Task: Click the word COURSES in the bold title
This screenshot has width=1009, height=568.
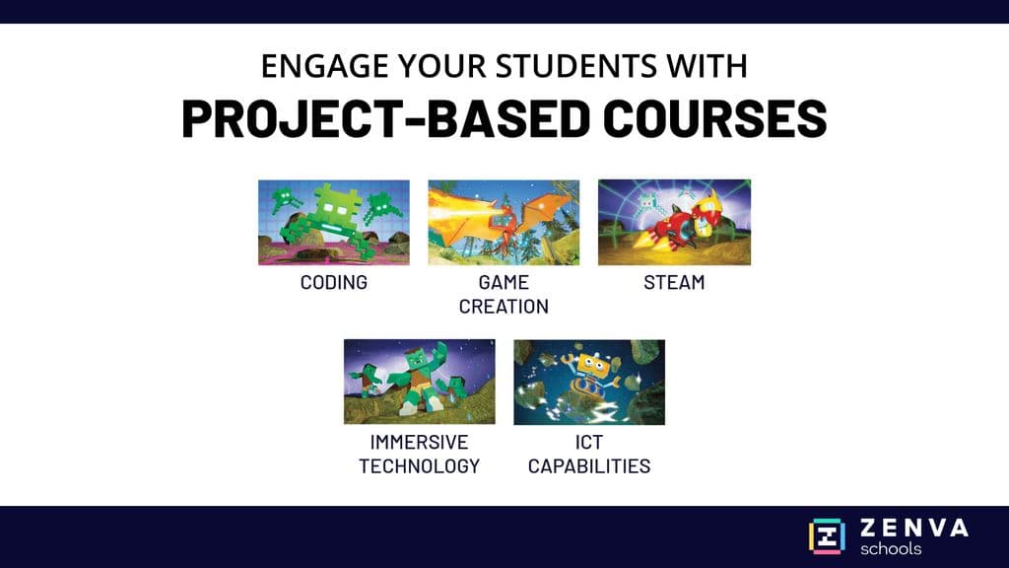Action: click(x=715, y=119)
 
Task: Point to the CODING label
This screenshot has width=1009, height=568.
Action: click(x=334, y=282)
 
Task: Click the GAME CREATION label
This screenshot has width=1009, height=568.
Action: click(x=504, y=294)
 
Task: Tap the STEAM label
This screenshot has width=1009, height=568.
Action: click(x=674, y=282)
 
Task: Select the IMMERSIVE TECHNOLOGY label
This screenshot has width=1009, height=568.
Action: click(x=420, y=454)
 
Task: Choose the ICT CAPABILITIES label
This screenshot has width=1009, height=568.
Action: click(x=589, y=454)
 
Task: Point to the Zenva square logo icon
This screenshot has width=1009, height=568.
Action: click(x=827, y=536)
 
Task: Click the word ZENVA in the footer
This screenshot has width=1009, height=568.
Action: click(x=914, y=529)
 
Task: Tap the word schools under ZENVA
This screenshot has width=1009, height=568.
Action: click(x=891, y=549)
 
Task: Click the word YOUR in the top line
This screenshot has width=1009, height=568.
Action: click(x=442, y=66)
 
